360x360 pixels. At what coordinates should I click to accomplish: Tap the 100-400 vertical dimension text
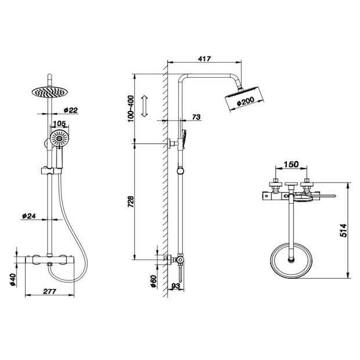(131, 109)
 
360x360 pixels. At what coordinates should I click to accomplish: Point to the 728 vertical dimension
(131, 201)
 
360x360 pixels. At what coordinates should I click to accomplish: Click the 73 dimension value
(196, 117)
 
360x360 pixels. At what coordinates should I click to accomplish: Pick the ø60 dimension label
(153, 280)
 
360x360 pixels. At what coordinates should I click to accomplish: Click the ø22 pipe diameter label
(71, 110)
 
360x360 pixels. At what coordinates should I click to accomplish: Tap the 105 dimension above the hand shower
(59, 124)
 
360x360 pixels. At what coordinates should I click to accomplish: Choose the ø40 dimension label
(10, 280)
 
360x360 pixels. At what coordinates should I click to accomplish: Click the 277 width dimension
(49, 291)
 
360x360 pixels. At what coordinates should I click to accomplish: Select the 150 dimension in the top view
(291, 164)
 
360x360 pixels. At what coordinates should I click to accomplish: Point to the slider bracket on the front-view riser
(51, 171)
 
